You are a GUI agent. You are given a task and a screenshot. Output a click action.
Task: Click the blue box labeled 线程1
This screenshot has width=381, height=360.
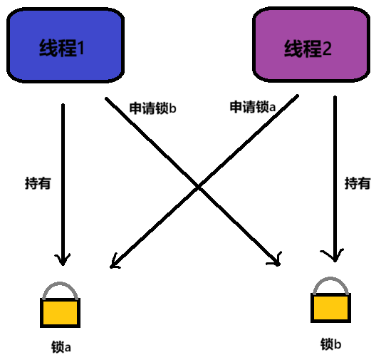[x=66, y=45]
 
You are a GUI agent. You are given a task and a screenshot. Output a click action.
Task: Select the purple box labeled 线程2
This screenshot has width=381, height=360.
[x=311, y=44]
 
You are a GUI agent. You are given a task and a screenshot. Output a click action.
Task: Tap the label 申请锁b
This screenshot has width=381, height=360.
[x=152, y=108]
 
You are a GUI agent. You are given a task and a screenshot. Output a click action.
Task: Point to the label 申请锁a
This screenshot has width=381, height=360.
[x=253, y=107]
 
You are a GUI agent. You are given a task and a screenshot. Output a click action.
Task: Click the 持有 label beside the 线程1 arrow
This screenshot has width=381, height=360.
[x=38, y=183]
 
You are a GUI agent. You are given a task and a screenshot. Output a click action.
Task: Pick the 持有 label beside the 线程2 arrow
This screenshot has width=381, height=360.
[x=357, y=183]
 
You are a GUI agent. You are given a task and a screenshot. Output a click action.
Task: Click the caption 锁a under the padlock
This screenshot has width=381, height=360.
[x=61, y=346]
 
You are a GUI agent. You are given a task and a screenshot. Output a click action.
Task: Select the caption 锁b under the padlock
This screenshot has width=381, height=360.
[x=330, y=344]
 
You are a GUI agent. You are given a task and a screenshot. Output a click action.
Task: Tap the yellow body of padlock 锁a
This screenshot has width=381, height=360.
[x=61, y=313]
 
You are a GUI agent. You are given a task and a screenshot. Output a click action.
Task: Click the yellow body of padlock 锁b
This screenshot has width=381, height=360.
[x=330, y=308]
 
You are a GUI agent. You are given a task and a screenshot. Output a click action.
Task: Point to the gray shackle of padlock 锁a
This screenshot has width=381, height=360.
[x=60, y=284]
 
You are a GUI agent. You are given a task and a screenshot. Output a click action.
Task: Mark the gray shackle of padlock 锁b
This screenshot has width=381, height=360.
[x=330, y=279]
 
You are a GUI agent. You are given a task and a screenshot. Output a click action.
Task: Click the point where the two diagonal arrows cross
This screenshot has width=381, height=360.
[x=199, y=187]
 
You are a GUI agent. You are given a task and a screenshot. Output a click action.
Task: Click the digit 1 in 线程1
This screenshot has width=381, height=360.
[x=80, y=48]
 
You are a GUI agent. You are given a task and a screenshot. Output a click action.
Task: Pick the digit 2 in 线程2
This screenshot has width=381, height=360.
[x=327, y=48]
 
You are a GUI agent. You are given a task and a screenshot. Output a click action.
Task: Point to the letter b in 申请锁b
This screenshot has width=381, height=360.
[x=172, y=108]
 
